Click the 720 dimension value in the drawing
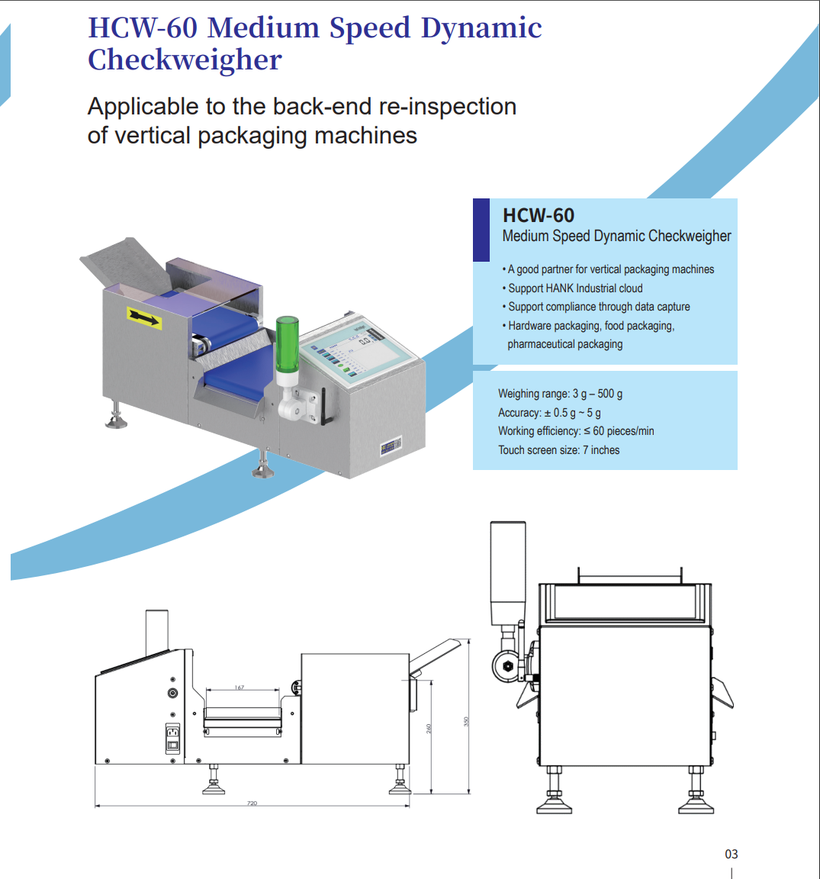coord(252,803)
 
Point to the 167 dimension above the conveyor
coord(240,687)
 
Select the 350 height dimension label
coord(466,720)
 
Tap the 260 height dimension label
coord(429,728)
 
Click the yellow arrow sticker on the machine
coord(144,317)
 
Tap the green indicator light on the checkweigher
coord(287,343)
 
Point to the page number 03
coord(731,854)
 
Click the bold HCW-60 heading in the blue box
coord(538,216)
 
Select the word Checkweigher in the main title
coord(185,60)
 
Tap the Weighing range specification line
coord(560,394)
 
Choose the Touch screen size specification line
coord(558,450)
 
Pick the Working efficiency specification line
coord(576,431)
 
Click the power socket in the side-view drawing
coord(173,738)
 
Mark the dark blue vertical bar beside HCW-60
coord(481,230)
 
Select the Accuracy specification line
coord(549,413)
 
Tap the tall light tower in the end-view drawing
coord(507,572)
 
